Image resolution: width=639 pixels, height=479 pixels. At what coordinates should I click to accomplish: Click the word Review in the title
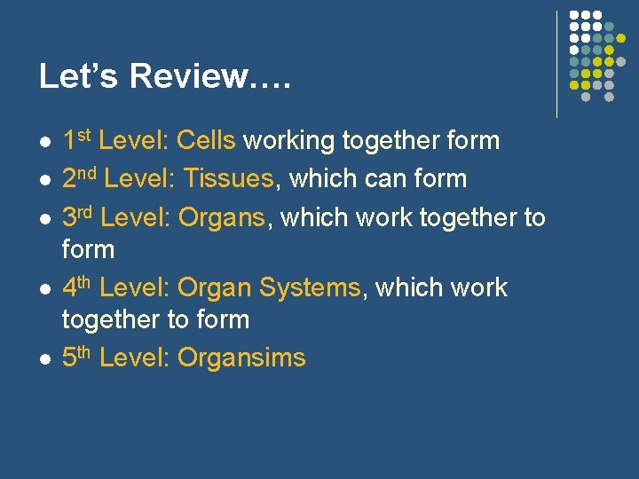coord(187,76)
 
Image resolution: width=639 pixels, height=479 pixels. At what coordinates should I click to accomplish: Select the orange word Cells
coord(206,140)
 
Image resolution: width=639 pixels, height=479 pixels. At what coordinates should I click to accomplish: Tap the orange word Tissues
coord(228,178)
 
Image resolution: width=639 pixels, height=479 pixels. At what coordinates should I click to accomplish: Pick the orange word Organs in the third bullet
coord(221,217)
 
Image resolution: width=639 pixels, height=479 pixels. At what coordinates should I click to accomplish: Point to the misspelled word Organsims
coord(241,357)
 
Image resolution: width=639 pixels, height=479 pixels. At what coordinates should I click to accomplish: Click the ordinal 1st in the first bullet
coord(77,139)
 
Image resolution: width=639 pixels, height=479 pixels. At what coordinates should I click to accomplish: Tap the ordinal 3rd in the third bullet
coord(79,216)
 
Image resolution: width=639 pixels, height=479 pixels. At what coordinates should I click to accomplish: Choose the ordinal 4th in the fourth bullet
coord(79,287)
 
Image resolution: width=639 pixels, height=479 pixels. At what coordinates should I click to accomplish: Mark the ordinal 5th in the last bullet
coord(79,357)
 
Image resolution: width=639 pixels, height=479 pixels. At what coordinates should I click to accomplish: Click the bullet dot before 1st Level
coord(43,142)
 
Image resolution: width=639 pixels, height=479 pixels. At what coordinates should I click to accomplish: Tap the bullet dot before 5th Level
coord(43,359)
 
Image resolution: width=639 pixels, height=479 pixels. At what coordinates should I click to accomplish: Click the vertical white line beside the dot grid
coord(556,64)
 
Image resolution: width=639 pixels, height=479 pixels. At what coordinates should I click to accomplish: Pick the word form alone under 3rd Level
coord(88,249)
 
